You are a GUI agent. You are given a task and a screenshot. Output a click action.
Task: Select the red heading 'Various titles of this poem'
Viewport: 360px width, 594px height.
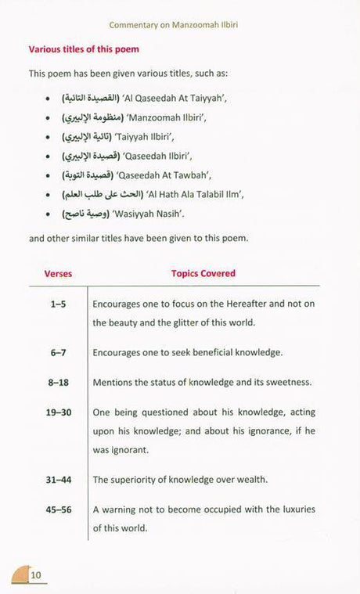click(x=84, y=49)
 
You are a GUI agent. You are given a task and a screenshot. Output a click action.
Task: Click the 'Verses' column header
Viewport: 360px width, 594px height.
click(x=57, y=274)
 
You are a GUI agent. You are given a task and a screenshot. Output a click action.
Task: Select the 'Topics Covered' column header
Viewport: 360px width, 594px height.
click(x=203, y=274)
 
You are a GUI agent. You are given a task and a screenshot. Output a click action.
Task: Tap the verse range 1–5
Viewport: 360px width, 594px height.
click(x=57, y=303)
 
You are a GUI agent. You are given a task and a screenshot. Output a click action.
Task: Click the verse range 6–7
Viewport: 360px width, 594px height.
click(x=57, y=352)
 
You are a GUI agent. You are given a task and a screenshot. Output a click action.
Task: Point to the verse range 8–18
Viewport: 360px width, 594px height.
click(x=57, y=382)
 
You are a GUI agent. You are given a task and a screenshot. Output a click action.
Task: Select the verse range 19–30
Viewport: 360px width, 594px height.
click(x=57, y=412)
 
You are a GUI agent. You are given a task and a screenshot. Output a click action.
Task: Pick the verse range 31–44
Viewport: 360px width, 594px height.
click(x=57, y=480)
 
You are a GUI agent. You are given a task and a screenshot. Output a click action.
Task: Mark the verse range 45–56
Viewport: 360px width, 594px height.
click(x=57, y=509)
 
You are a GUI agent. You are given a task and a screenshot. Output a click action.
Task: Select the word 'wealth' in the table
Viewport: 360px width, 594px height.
click(x=249, y=480)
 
